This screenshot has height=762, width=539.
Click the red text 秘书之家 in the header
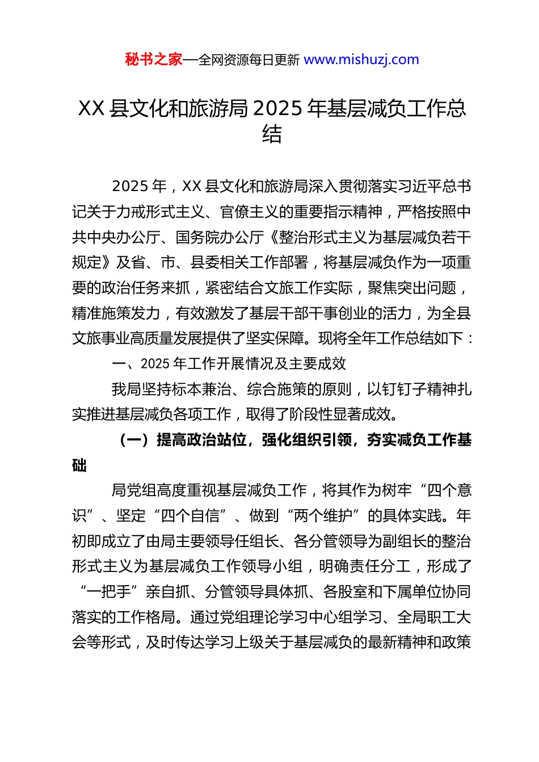tap(154, 60)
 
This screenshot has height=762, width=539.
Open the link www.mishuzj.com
tap(361, 60)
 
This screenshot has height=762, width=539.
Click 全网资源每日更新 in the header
tap(249, 60)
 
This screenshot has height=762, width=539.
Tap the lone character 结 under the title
tap(272, 134)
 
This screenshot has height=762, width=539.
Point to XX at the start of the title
tap(91, 108)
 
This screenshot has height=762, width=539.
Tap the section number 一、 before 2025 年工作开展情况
tap(126, 363)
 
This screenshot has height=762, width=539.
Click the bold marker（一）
tap(134, 440)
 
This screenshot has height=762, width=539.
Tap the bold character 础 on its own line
tap(79, 465)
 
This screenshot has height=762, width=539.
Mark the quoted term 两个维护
tap(323, 516)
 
